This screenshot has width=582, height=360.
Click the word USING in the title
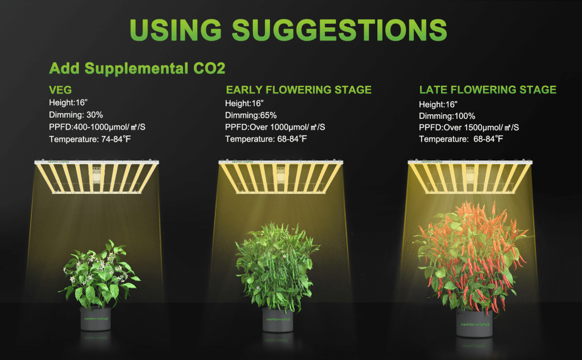click(176, 30)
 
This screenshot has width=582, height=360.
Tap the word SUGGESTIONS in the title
click(340, 30)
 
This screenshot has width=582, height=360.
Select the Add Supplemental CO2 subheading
click(138, 68)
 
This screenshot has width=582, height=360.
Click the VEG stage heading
click(60, 90)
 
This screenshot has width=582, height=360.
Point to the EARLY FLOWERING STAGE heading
click(299, 90)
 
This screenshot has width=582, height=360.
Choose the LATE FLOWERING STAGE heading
click(488, 89)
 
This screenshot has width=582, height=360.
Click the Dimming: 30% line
click(76, 115)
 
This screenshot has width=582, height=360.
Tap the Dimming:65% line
click(251, 115)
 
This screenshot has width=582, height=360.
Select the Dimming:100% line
click(447, 116)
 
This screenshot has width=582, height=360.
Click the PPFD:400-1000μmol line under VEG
click(97, 127)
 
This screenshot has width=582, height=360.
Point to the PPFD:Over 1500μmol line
click(469, 127)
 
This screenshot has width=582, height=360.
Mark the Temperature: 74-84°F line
click(90, 139)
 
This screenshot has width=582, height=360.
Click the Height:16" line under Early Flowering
click(244, 104)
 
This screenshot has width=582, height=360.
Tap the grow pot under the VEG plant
click(95, 318)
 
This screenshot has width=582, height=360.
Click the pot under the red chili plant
click(475, 323)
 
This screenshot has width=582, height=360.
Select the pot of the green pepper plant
click(277, 320)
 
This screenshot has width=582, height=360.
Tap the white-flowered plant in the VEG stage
click(99, 275)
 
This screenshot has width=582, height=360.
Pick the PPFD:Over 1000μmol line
click(275, 127)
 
